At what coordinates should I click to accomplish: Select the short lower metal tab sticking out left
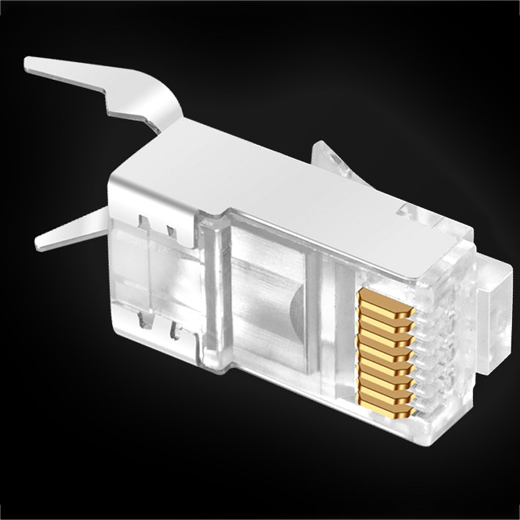click(x=68, y=231)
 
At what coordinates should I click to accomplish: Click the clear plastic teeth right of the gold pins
click(x=432, y=354)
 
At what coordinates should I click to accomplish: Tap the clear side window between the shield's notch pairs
click(x=156, y=276)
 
